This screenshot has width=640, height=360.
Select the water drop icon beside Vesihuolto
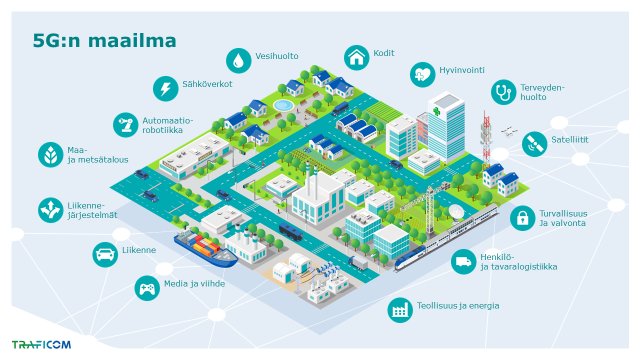tap(238, 57)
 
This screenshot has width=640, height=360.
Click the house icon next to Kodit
tap(356, 57)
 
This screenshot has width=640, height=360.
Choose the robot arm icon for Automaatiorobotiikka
tap(127, 126)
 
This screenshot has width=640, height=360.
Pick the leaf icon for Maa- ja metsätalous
tap(48, 155)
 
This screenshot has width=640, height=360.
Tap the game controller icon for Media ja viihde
tap(147, 288)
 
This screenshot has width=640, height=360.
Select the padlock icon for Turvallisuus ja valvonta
tap(520, 217)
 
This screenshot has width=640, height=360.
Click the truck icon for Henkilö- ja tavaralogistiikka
tap(463, 263)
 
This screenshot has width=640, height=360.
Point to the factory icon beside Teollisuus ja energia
tap(400, 309)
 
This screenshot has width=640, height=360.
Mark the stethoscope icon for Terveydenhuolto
tap(502, 93)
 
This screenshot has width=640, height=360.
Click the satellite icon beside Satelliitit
tap(534, 142)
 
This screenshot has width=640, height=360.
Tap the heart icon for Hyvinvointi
tap(422, 74)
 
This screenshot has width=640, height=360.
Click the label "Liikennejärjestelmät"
tap(92, 209)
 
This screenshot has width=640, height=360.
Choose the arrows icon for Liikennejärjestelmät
tap(48, 209)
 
